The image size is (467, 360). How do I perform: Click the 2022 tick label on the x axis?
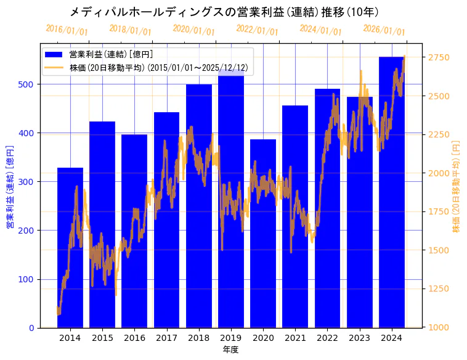coord(327,338)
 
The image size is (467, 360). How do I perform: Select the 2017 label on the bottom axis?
coord(166,338)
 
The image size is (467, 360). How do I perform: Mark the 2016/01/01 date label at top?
coord(67,30)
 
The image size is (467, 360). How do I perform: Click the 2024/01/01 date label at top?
coord(320,30)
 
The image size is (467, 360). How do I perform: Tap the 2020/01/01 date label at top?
coord(193,30)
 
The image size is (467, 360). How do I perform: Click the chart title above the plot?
coord(224,12)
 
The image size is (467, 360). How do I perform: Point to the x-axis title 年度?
coord(230,350)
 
